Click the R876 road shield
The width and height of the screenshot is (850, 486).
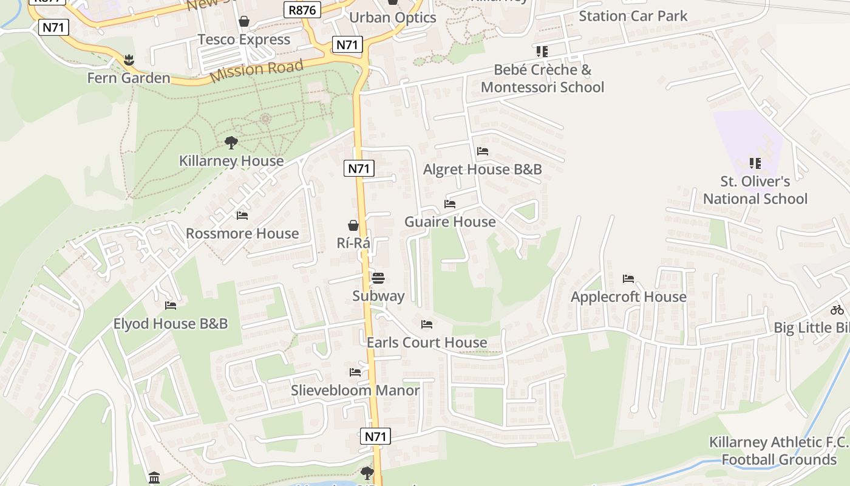(x=302, y=9)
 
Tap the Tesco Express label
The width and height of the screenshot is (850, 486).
(x=244, y=39)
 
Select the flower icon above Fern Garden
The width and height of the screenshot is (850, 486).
(x=129, y=60)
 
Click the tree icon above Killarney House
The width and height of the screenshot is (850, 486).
(x=231, y=143)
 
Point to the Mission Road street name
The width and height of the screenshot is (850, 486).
(x=256, y=71)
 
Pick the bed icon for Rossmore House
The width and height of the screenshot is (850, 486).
(x=242, y=216)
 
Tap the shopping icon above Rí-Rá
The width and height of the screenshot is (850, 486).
(x=353, y=225)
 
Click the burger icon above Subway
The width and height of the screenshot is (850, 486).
(x=378, y=278)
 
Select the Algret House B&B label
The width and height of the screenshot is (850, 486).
(x=482, y=169)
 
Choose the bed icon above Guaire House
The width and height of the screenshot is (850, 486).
(x=450, y=204)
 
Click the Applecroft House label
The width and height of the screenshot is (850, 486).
(x=628, y=297)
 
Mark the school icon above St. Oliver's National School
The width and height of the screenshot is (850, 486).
(x=755, y=163)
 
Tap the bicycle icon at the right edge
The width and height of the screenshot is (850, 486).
(x=837, y=310)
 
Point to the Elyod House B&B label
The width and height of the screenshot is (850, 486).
(x=171, y=324)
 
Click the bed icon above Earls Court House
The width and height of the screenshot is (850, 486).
(x=427, y=324)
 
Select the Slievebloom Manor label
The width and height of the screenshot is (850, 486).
(x=355, y=390)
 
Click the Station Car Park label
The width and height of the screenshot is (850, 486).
(x=633, y=16)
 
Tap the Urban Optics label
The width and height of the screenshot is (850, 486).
(x=392, y=18)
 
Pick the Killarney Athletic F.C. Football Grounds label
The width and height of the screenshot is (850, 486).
(x=779, y=451)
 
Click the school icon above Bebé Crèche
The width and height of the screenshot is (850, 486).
(x=542, y=51)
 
